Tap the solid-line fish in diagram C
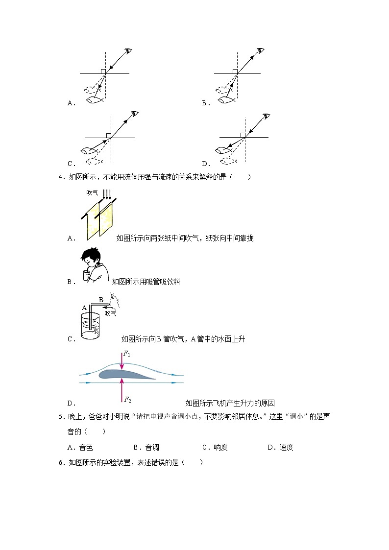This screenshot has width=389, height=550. (x=91, y=150)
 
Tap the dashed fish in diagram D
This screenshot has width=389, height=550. (x=228, y=160)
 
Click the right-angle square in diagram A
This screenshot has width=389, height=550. (x=103, y=72)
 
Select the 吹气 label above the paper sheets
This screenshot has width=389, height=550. (x=93, y=193)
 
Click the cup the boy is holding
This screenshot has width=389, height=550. (x=87, y=275)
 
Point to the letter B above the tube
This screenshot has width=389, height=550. (x=101, y=300)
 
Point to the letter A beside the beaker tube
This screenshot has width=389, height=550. (x=84, y=308)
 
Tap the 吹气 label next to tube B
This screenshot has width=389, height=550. (x=110, y=313)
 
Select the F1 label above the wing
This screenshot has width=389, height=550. (x=126, y=354)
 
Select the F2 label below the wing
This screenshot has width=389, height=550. (x=127, y=400)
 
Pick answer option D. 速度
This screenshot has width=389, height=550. (x=280, y=447)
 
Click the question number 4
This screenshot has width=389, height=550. (x=60, y=177)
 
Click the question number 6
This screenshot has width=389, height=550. (x=60, y=462)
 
